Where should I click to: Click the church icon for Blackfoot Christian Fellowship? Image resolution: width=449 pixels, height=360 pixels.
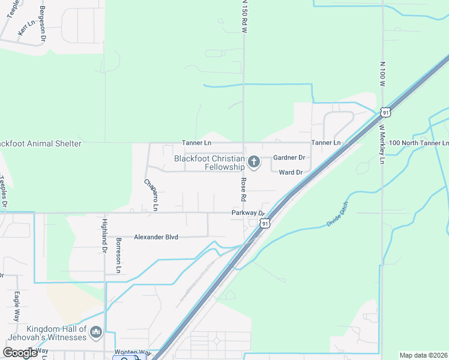254,162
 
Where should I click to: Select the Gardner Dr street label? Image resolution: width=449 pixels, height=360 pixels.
289,158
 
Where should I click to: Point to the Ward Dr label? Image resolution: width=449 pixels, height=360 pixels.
290,172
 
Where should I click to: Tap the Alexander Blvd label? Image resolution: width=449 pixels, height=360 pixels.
156,237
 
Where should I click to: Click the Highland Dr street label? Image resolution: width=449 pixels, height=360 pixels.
103,235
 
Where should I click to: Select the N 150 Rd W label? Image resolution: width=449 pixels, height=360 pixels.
244,16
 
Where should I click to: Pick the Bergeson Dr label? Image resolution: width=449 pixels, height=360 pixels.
43,23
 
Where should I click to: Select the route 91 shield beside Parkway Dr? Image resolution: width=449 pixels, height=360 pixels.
265,223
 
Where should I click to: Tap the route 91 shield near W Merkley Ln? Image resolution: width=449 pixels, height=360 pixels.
386,112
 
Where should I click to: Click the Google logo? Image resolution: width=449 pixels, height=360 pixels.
20,353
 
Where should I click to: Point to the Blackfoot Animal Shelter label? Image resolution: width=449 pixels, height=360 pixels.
40,144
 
